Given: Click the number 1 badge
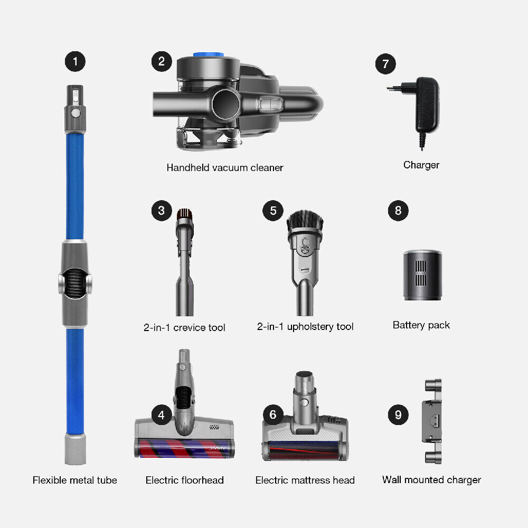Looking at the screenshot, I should coord(75,62).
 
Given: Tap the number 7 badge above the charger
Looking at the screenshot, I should coord(385,64).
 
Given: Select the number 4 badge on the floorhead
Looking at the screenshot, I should coord(161,415).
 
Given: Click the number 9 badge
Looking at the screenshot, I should coord(398,415).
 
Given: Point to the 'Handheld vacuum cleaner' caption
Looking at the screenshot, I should coord(225,168).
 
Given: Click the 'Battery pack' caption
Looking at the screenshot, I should coord(421,325).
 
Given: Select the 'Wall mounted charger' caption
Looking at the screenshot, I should coord(431,480).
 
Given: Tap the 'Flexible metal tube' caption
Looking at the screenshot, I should coord(75,480).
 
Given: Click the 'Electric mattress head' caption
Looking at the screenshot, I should coord(305,480).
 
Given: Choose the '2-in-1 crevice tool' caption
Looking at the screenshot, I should coord(184,328).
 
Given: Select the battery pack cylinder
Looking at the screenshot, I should coord(422,276).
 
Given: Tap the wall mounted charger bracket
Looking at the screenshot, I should coord(431,421).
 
